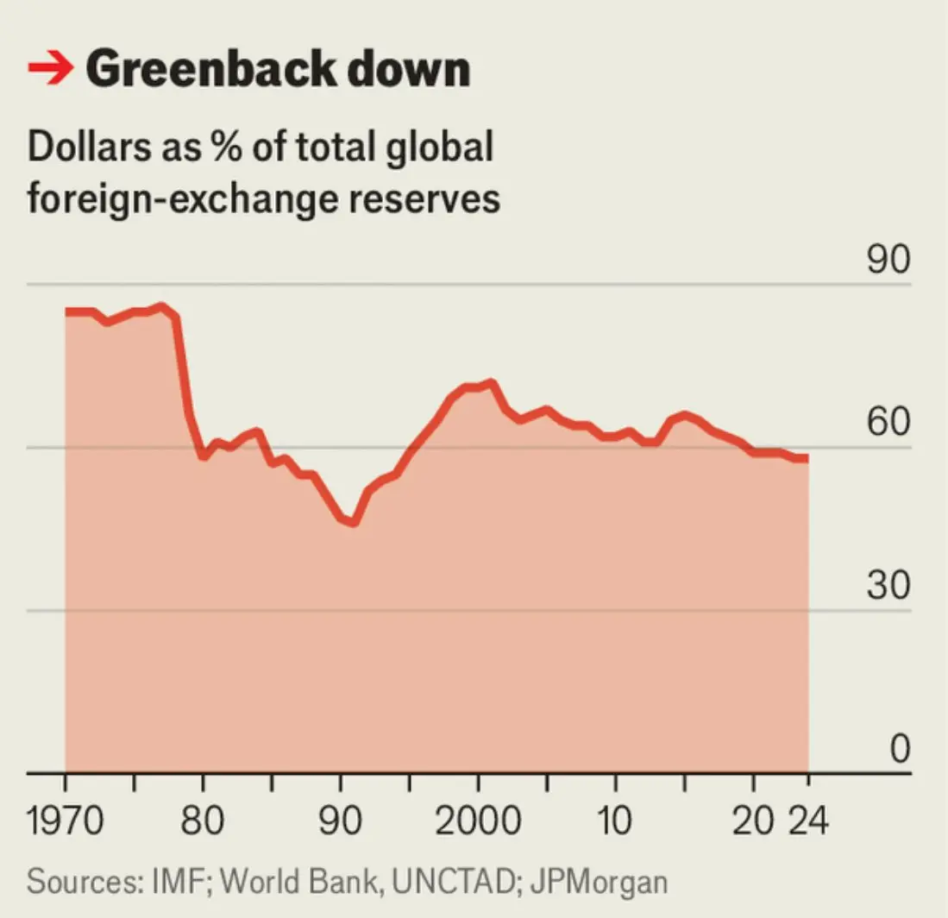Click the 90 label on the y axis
(x=888, y=261)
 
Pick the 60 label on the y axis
(x=888, y=424)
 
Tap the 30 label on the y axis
(x=888, y=587)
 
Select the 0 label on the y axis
(x=899, y=749)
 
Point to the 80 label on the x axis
(x=204, y=821)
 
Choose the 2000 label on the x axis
(x=477, y=821)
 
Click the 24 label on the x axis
(x=808, y=821)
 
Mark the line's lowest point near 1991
(x=353, y=523)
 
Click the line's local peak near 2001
(x=491, y=382)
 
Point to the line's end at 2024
(x=807, y=458)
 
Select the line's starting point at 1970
(x=67, y=311)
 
